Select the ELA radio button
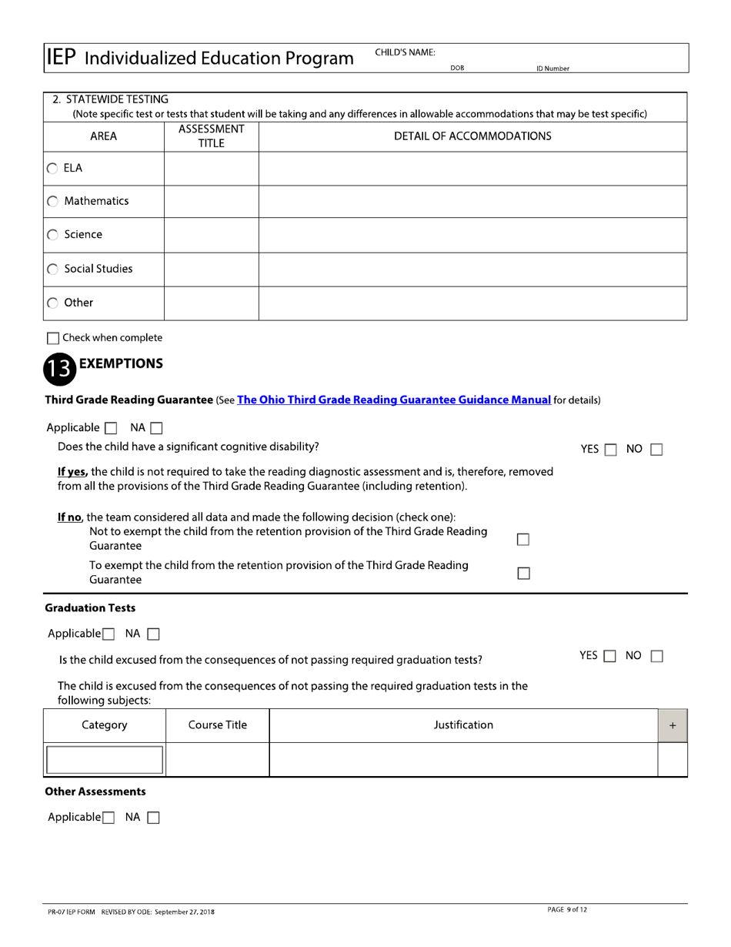[52, 169]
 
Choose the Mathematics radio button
[52, 202]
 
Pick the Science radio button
[52, 236]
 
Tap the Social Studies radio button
[52, 269]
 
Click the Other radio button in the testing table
[52, 303]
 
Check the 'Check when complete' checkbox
[53, 338]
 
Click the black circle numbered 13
[59, 370]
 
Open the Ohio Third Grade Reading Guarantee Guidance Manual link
[394, 400]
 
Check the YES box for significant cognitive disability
[610, 450]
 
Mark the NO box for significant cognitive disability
[656, 450]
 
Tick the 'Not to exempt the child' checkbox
[523, 539]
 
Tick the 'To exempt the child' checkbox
[523, 573]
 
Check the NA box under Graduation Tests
[153, 634]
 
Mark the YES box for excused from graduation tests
[610, 657]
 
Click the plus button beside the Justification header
[673, 725]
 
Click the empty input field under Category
[105, 760]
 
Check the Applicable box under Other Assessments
[108, 818]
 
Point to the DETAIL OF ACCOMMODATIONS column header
[472, 136]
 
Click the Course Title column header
[218, 725]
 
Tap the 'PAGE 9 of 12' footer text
[567, 910]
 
